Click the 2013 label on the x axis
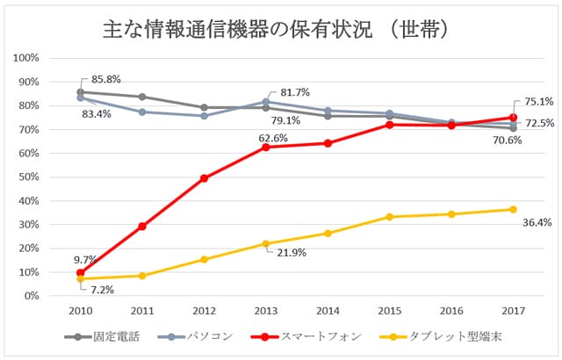(266, 311)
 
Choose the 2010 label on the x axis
(80, 311)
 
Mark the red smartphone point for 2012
(204, 178)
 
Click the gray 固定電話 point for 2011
(142, 97)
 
